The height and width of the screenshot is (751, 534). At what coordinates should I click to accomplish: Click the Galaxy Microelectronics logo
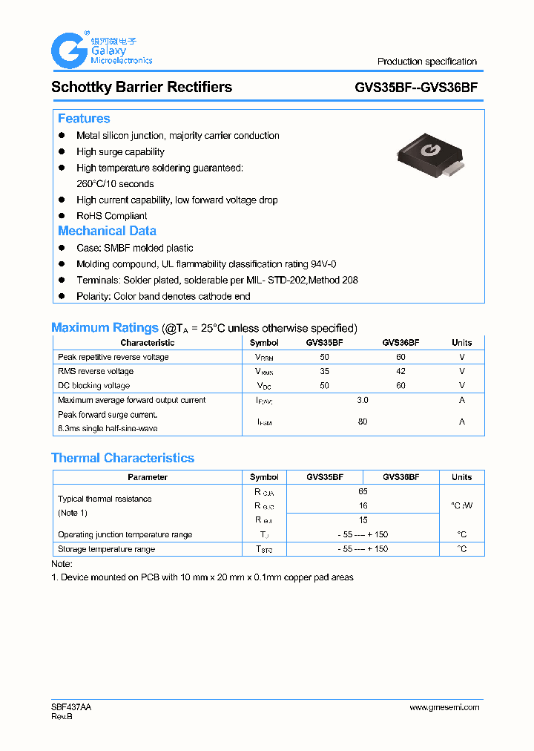[x=101, y=50]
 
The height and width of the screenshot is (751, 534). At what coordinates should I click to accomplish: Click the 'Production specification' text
[x=426, y=62]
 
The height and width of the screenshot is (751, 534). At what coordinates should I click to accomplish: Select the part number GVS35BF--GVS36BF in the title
[x=415, y=88]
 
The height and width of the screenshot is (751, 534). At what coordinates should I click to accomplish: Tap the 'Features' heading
[x=84, y=119]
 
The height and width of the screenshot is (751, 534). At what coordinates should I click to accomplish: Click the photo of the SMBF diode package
[x=429, y=155]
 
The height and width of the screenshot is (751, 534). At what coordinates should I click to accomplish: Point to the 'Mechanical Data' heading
[x=107, y=231]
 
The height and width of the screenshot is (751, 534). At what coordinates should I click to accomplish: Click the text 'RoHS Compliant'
[x=111, y=216]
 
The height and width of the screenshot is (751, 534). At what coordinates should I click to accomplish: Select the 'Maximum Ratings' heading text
[x=105, y=328]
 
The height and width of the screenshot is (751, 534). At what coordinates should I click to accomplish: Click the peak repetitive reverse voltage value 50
[x=324, y=357]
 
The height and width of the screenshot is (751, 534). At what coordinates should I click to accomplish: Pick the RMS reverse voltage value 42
[x=400, y=371]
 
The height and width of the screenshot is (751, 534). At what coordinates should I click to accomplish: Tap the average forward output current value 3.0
[x=363, y=400]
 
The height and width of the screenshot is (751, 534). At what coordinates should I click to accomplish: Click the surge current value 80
[x=363, y=422]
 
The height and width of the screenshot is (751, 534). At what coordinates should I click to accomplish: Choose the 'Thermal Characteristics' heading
[x=122, y=458]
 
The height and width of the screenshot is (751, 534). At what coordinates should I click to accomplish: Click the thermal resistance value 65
[x=363, y=491]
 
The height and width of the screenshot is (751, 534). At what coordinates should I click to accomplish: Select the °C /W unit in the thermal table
[x=461, y=505]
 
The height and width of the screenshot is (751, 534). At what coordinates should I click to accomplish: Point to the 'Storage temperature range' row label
[x=106, y=549]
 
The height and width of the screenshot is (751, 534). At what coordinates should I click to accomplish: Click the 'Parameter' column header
[x=148, y=477]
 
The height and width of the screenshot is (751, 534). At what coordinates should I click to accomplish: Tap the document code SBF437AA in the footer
[x=71, y=707]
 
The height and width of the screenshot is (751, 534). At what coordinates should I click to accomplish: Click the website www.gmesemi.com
[x=444, y=707]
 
